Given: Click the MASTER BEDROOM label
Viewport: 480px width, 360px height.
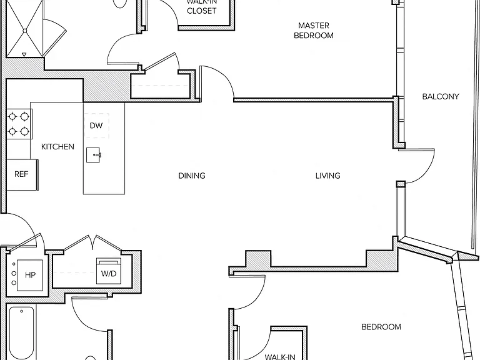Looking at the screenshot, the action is pos(314,30).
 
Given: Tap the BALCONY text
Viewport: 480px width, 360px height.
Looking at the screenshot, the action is pos(441,96).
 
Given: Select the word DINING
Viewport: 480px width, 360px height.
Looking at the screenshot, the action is pos(192,176).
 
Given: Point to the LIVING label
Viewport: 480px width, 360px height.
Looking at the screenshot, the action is pos(328,176).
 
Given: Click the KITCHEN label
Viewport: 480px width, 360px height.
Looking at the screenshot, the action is pos(57,147).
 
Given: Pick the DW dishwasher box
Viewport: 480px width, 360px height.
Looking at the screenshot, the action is pos(96,126).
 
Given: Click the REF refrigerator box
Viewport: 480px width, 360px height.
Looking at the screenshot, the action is pos(22,175).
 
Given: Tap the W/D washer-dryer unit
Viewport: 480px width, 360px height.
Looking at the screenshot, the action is pos(109,271).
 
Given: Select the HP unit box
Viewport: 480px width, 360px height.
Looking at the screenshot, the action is pos(30,275).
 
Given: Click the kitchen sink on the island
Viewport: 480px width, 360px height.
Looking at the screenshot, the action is pos(93,155).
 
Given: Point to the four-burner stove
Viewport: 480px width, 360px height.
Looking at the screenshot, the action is pos(19,124).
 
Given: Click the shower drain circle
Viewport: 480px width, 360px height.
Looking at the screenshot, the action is pos(25,31).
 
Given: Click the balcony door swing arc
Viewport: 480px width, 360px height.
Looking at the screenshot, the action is pos(427,171).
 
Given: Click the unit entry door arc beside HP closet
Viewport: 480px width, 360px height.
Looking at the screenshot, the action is pos(29,224).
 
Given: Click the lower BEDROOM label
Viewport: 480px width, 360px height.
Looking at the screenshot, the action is pos(381,327).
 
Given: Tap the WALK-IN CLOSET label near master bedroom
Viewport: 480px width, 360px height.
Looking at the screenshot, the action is pos(202,7).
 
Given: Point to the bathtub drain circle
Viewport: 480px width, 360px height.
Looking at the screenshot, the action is pos(21,311).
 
